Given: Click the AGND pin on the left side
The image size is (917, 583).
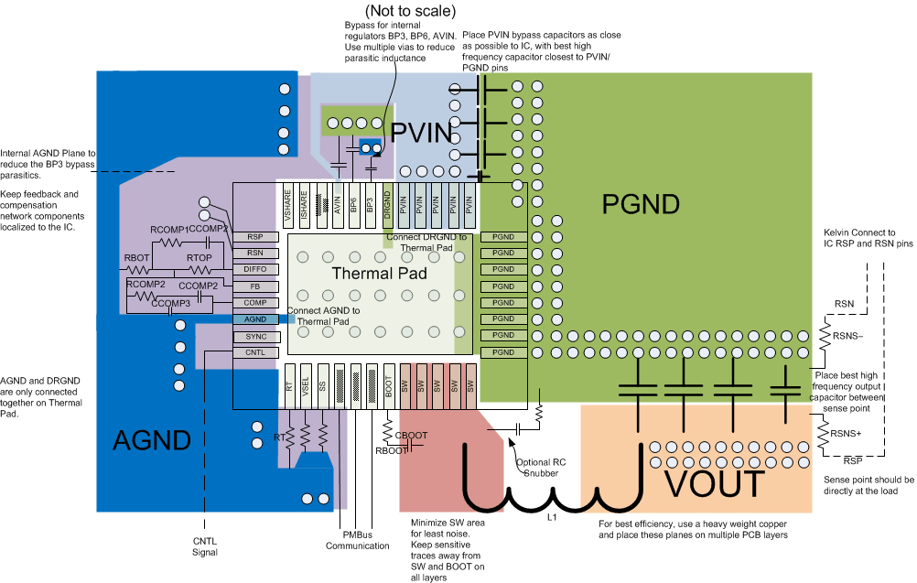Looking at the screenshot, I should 255,319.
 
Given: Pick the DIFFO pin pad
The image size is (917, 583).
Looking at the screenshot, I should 255,269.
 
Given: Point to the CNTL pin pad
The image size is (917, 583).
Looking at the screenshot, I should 255,352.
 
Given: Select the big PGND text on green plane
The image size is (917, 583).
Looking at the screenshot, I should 641,204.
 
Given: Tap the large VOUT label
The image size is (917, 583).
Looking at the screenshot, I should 714,481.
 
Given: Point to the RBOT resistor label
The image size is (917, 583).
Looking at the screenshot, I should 137,259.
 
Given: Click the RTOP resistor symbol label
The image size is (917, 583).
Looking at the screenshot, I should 199,259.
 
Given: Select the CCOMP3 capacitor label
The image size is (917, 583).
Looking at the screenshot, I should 171,303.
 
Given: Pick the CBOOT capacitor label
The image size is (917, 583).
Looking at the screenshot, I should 410,436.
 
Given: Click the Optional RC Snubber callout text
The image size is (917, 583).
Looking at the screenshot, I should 544,468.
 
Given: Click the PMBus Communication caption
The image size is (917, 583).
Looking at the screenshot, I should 357,540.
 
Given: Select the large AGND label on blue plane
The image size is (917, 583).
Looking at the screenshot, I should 152,440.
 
